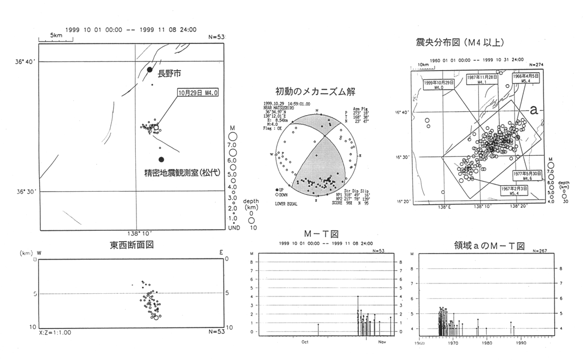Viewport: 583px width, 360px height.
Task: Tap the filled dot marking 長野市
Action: tap(150, 70)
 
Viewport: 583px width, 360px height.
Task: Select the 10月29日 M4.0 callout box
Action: tap(196, 93)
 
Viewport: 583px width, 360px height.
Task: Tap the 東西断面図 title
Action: tap(131, 245)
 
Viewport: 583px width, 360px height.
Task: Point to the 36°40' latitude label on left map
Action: tap(24, 62)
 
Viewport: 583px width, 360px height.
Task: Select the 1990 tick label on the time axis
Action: tap(521, 343)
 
